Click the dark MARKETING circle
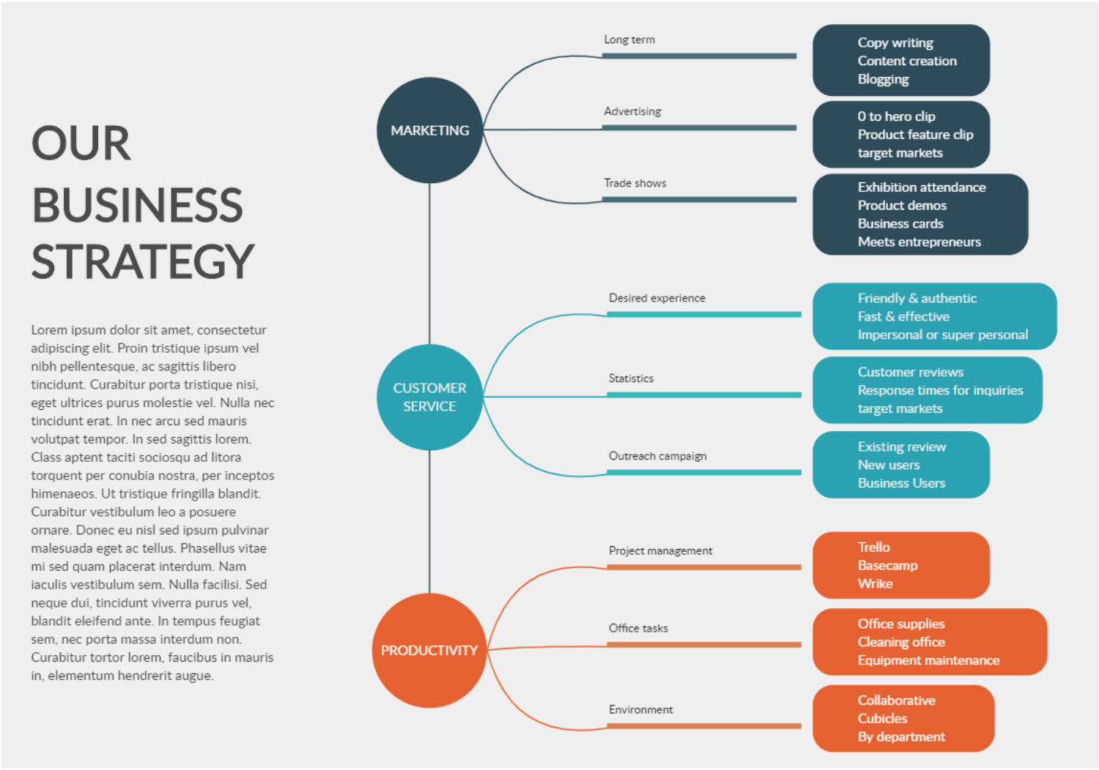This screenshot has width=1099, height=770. coord(429,130)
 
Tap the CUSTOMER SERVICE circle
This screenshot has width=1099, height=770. coord(429,397)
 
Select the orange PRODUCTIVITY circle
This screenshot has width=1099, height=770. coord(429,650)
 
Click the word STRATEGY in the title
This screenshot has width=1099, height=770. coord(142,262)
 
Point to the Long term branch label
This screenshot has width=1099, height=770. coord(629,40)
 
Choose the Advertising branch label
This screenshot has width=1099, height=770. coord(632,111)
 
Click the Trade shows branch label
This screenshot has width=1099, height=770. coord(634,183)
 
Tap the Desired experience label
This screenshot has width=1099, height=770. coord(656,298)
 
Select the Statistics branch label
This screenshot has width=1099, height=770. coord(631,378)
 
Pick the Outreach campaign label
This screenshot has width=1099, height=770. coord(657,456)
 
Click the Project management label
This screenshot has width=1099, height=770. coord(660,550)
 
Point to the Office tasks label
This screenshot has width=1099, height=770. coord(638,628)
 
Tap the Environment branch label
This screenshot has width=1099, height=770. coord(640,709)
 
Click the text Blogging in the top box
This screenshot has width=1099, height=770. coord(883,79)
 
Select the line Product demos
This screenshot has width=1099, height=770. coord(902,206)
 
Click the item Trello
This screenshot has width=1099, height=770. coord(873,547)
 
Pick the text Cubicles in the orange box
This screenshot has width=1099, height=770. coord(882,719)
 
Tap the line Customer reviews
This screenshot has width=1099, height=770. coord(910,372)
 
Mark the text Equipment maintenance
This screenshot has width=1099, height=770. coord(928,660)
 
